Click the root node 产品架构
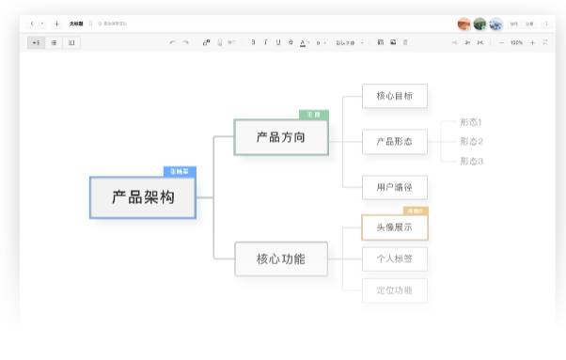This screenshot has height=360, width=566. (x=143, y=197)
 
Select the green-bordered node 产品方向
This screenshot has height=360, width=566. (x=281, y=137)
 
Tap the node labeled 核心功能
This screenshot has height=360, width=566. (x=281, y=258)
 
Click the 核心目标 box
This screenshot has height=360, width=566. (x=394, y=96)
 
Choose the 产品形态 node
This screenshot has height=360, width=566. (x=394, y=142)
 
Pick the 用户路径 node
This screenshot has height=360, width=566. (x=394, y=187)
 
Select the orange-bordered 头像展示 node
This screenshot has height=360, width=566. (x=394, y=227)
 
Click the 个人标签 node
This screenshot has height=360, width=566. (x=394, y=258)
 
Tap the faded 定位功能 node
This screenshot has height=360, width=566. (x=394, y=290)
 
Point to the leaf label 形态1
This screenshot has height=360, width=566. (x=471, y=122)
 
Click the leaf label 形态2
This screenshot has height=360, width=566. (x=471, y=142)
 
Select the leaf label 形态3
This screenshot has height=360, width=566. (x=471, y=161)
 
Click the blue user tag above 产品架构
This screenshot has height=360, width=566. (x=179, y=171)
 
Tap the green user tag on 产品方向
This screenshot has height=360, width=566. (x=313, y=115)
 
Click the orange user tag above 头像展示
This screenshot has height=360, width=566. (x=415, y=211)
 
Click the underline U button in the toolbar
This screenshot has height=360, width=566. (x=278, y=42)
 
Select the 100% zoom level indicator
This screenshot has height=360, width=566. (x=516, y=42)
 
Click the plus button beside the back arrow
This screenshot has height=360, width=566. (x=56, y=23)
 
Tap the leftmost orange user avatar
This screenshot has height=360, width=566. (x=464, y=23)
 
